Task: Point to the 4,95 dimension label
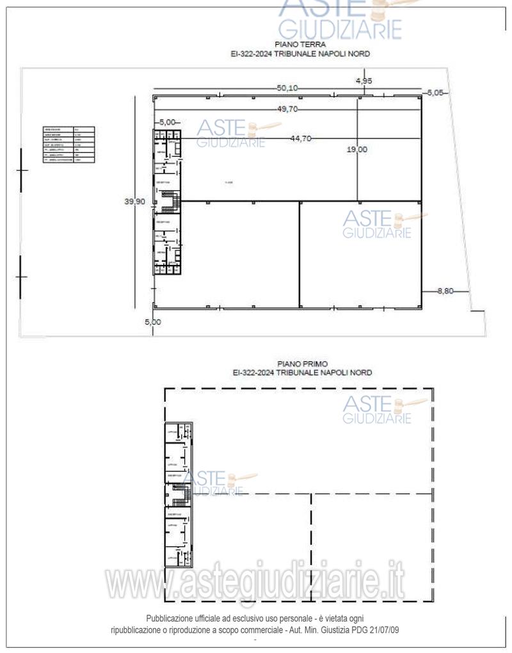click(x=364, y=81)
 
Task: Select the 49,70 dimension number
click(x=288, y=109)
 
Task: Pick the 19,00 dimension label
click(x=356, y=149)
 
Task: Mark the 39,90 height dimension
click(x=135, y=201)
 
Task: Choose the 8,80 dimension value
click(x=445, y=291)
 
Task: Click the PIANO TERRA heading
click(x=300, y=45)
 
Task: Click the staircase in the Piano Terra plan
click(x=168, y=206)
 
